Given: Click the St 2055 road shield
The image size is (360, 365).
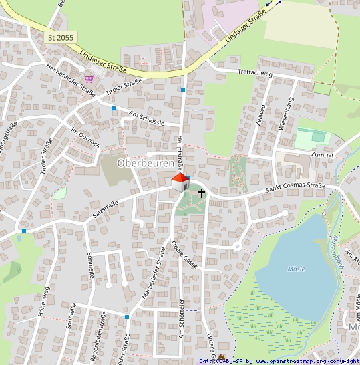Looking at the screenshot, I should click(x=61, y=37).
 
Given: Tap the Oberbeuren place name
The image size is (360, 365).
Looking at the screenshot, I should click(x=145, y=163).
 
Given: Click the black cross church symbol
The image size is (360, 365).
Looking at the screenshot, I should click(x=202, y=193).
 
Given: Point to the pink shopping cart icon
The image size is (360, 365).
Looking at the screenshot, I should click(x=89, y=78).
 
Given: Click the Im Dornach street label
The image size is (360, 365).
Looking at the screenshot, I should click(x=85, y=138).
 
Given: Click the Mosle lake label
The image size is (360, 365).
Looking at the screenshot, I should click(x=296, y=269).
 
